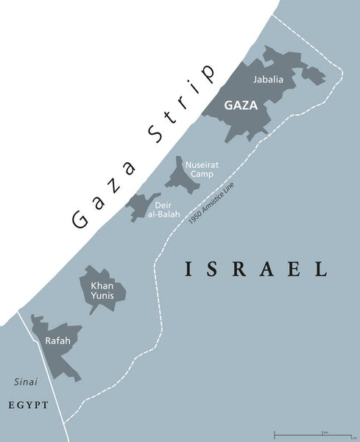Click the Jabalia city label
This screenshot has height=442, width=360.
tap(267, 79)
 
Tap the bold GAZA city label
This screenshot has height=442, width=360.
tap(241, 105)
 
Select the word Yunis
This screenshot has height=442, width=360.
tap(103, 295)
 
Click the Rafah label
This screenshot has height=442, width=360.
tap(57, 340)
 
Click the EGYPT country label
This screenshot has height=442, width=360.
tap(29, 405)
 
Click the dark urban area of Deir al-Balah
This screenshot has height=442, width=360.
tap(140, 206)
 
